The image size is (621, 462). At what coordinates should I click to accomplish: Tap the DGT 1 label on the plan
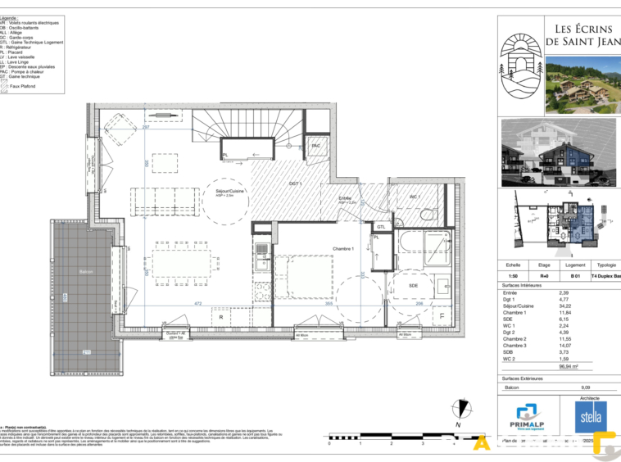pyautogui.click(x=296, y=184)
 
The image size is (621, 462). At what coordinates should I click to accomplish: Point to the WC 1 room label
pyautogui.click(x=415, y=197)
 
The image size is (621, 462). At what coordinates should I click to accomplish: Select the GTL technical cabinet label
pyautogui.click(x=381, y=227)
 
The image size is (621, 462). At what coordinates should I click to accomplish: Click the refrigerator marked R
pyautogui.click(x=220, y=315)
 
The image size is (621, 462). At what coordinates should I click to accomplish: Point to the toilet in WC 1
pyautogui.click(x=428, y=213)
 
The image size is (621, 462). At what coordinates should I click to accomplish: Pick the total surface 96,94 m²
pyautogui.click(x=569, y=366)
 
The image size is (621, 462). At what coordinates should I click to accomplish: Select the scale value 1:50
pyautogui.click(x=513, y=276)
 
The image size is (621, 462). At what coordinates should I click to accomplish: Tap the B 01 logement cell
pyautogui.click(x=575, y=276)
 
